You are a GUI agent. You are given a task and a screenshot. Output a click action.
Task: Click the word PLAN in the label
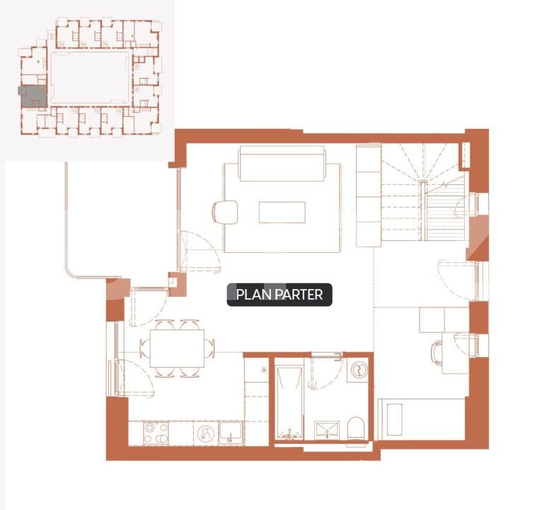coord(250,295)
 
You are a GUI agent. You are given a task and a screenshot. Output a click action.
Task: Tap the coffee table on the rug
coord(282,212)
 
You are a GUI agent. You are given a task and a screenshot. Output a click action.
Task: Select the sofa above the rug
coord(282,164)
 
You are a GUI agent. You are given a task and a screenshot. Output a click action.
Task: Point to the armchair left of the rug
coord(225,211)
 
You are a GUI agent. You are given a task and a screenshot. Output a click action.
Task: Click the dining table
coord(177,348)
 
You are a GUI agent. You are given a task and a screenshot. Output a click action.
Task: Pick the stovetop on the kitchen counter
coord(156,433)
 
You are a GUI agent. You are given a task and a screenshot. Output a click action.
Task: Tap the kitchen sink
coord(230,432)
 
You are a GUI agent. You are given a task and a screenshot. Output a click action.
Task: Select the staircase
coord(423,191)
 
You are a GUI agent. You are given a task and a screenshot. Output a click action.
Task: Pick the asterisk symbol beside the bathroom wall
coord(265,370)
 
